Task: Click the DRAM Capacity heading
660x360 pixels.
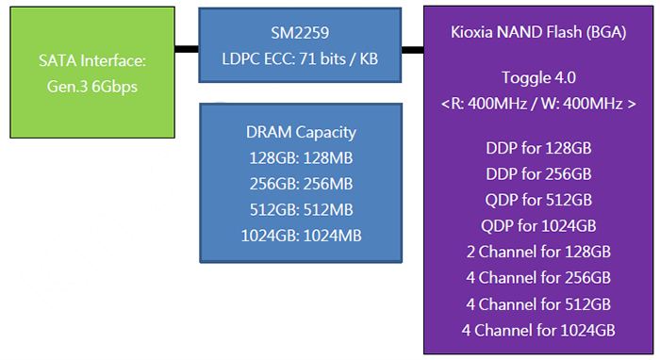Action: (299, 132)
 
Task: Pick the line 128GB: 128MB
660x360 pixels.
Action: (299, 157)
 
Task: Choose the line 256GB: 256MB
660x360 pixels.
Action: (299, 183)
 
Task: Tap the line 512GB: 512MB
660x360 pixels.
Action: (299, 208)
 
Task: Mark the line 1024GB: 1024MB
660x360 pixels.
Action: (299, 235)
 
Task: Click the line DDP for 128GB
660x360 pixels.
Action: (538, 149)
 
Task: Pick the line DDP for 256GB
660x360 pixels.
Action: (538, 174)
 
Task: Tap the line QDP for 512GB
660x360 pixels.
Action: (538, 200)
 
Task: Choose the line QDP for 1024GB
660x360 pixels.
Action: (538, 225)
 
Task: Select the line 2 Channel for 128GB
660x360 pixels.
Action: (538, 252)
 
